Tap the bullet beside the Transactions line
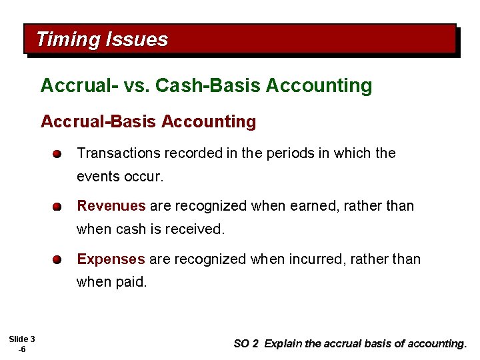tap(59, 154)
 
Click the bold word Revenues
tap(111, 206)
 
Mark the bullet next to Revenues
tap(59, 207)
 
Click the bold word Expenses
tap(111, 259)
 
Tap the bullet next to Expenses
tap(59, 259)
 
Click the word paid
tap(131, 281)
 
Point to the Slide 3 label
tap(22, 339)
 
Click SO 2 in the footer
tap(246, 344)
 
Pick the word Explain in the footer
tap(283, 344)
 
